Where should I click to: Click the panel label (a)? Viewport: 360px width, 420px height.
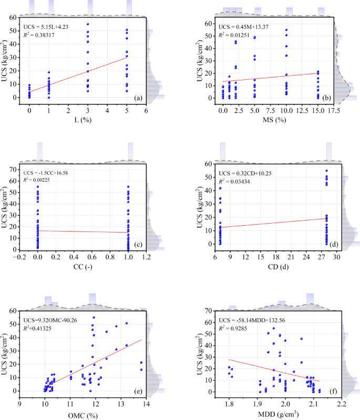click(138, 98)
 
